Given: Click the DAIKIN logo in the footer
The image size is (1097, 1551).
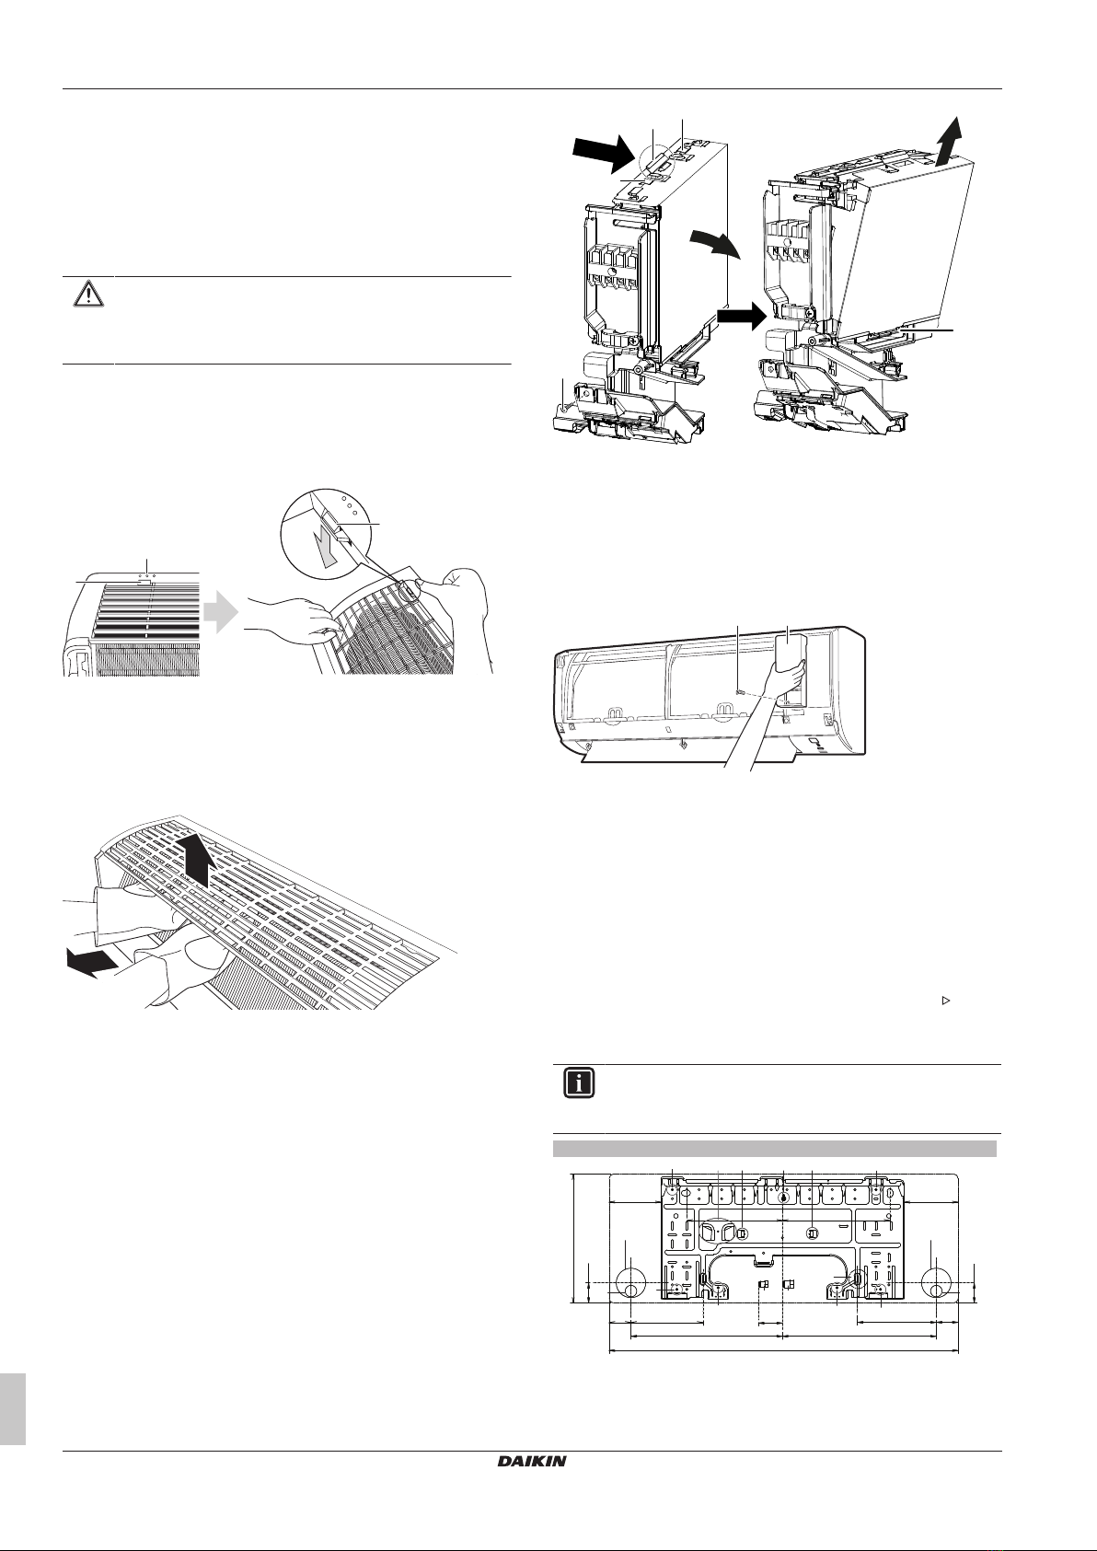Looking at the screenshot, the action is click(x=532, y=1499).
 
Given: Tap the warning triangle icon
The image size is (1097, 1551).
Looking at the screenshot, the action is click(x=88, y=295).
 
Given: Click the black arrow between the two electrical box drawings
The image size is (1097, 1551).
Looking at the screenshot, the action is click(x=741, y=318).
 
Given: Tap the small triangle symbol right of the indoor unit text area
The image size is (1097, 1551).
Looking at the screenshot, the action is click(x=946, y=1001).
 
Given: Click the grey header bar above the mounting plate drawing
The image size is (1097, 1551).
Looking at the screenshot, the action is click(x=775, y=1149).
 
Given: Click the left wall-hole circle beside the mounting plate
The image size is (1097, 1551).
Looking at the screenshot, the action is click(x=629, y=1281).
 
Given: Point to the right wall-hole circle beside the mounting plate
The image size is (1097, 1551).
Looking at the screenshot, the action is click(x=937, y=1281).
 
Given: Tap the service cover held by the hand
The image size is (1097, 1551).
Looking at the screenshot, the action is click(x=791, y=669).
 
